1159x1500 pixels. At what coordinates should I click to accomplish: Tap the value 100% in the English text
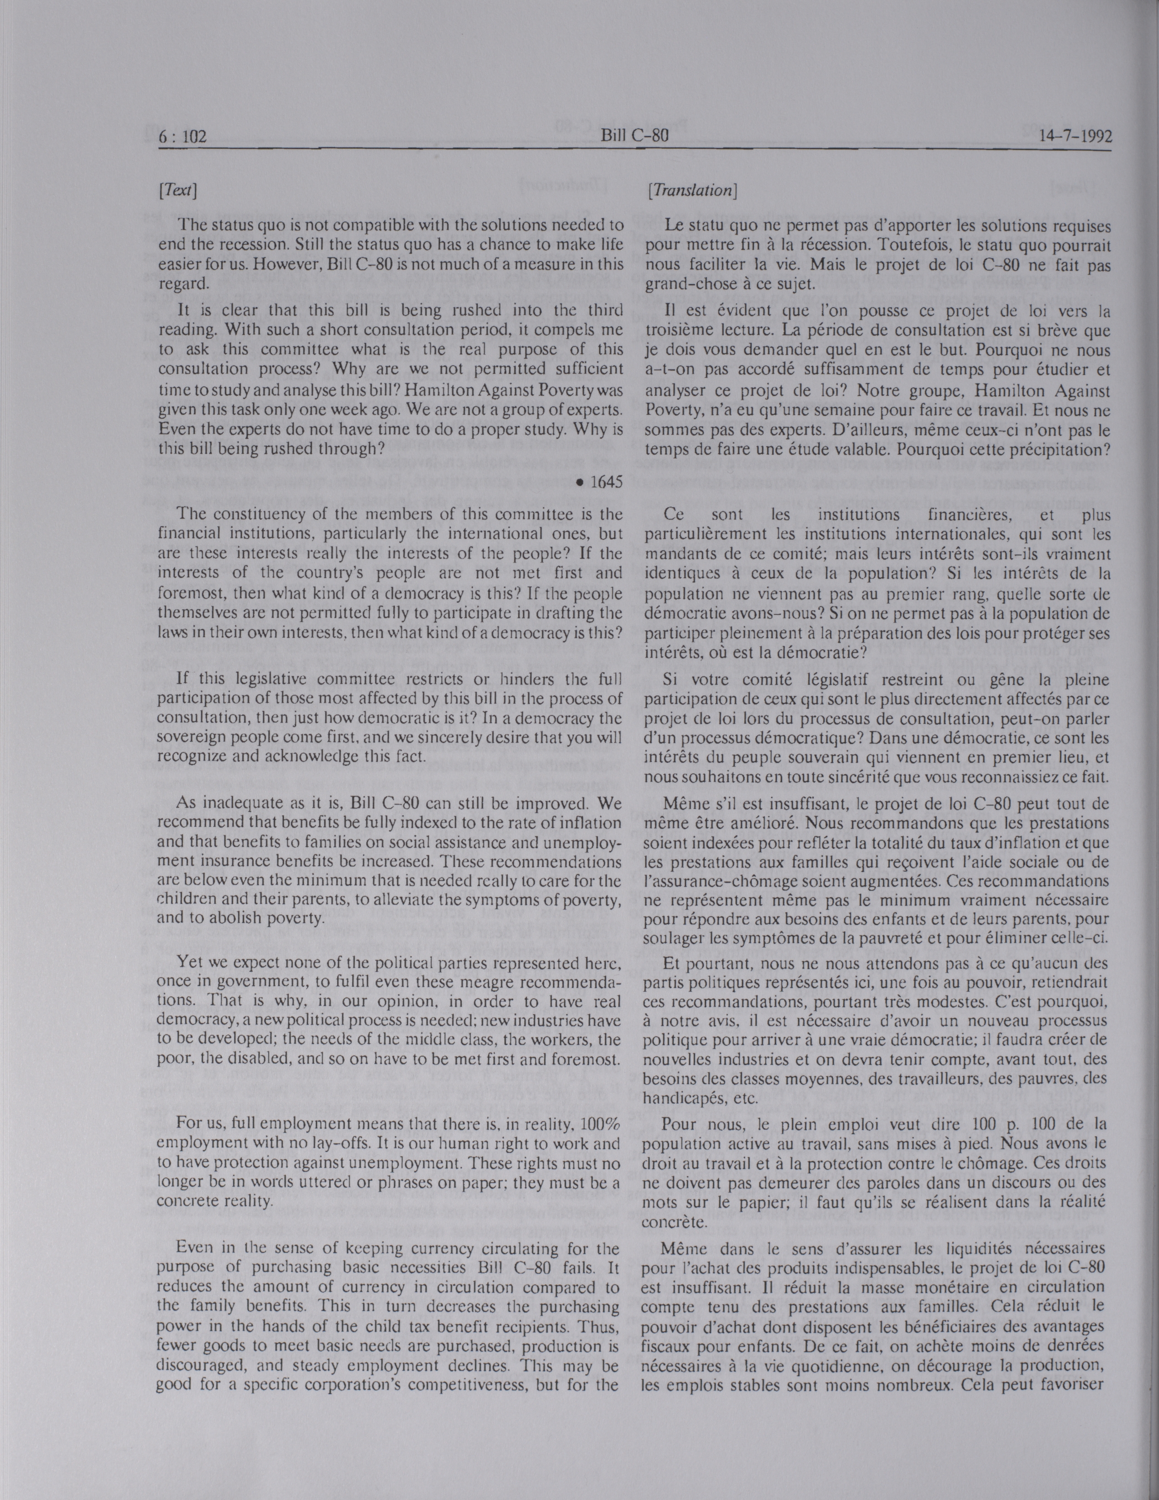(600, 1123)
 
